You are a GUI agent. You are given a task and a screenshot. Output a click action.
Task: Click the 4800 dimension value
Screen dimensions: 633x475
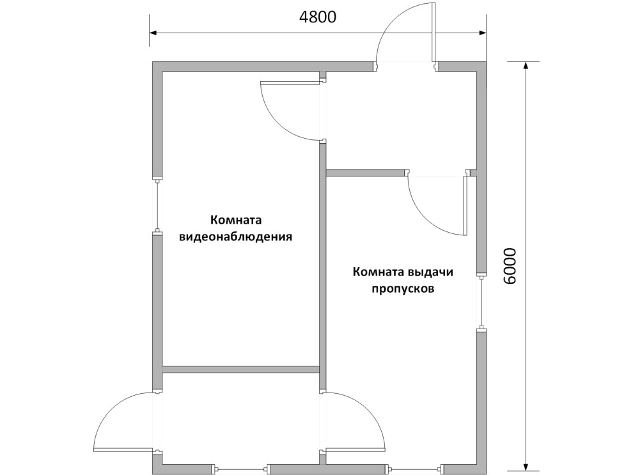pyautogui.click(x=317, y=17)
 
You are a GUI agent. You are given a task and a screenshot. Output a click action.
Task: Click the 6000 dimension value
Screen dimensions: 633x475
pyautogui.click(x=510, y=267)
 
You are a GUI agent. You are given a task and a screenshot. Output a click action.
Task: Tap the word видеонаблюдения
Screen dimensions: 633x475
pyautogui.click(x=235, y=237)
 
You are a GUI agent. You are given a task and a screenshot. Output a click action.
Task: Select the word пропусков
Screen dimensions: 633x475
pyautogui.click(x=402, y=290)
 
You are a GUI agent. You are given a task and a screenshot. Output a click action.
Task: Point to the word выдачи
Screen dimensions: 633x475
pyautogui.click(x=430, y=272)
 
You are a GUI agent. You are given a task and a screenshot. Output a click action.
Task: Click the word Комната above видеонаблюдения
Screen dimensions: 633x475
pyautogui.click(x=236, y=220)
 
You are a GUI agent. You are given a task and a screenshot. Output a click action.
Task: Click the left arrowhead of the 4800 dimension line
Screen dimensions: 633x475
pyautogui.click(x=154, y=33)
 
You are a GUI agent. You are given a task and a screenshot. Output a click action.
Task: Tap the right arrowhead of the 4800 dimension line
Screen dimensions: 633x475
pyautogui.click(x=481, y=33)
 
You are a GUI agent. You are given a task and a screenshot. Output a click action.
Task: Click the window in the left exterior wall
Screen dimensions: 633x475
pyautogui.click(x=157, y=205)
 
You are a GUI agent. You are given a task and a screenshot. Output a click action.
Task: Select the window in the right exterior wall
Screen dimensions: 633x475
pyautogui.click(x=481, y=302)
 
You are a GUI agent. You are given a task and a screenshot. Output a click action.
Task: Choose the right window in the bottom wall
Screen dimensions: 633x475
pyautogui.click(x=415, y=469)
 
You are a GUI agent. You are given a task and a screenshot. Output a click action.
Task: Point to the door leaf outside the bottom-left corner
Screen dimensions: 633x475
pyautogui.click(x=123, y=450)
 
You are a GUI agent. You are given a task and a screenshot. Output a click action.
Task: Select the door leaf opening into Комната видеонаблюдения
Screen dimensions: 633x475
pyautogui.click(x=291, y=82)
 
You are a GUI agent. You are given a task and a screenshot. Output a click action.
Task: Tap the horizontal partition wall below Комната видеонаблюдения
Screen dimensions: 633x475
pyautogui.click(x=241, y=370)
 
